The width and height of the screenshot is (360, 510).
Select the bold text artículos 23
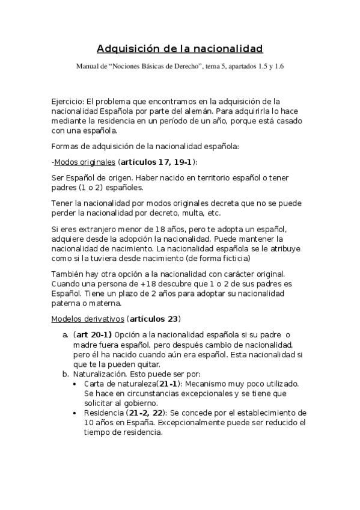pyautogui.click(x=154, y=318)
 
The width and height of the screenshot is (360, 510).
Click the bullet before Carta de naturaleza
pyautogui.click(x=74, y=384)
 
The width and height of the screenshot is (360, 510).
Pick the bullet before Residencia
pyautogui.click(x=74, y=413)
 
